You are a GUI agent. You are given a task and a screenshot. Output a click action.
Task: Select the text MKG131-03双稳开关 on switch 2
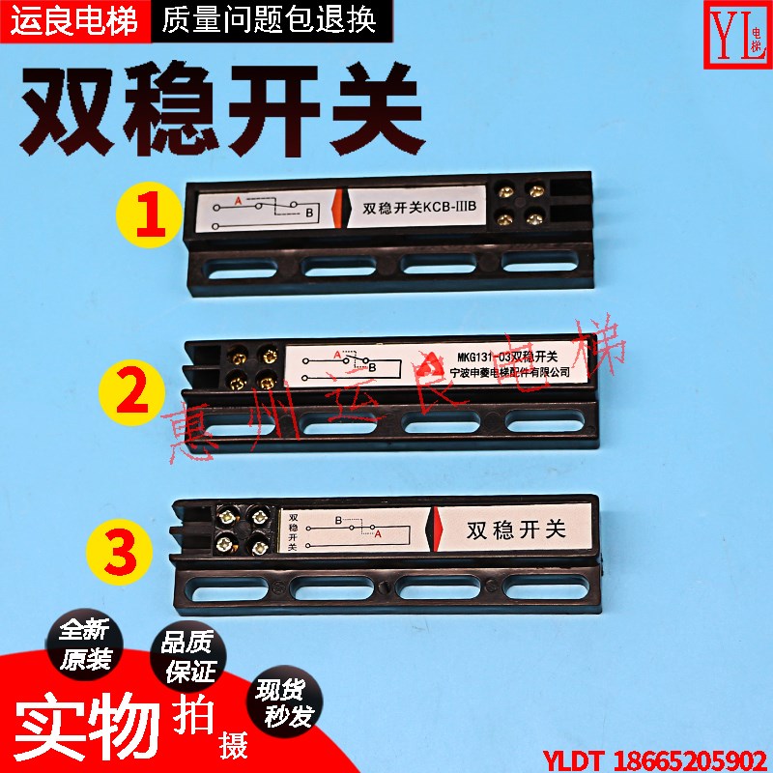point(507,355)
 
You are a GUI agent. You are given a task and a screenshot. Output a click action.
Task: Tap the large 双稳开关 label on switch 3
point(514,530)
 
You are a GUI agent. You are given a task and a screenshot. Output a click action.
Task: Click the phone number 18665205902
point(696,757)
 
